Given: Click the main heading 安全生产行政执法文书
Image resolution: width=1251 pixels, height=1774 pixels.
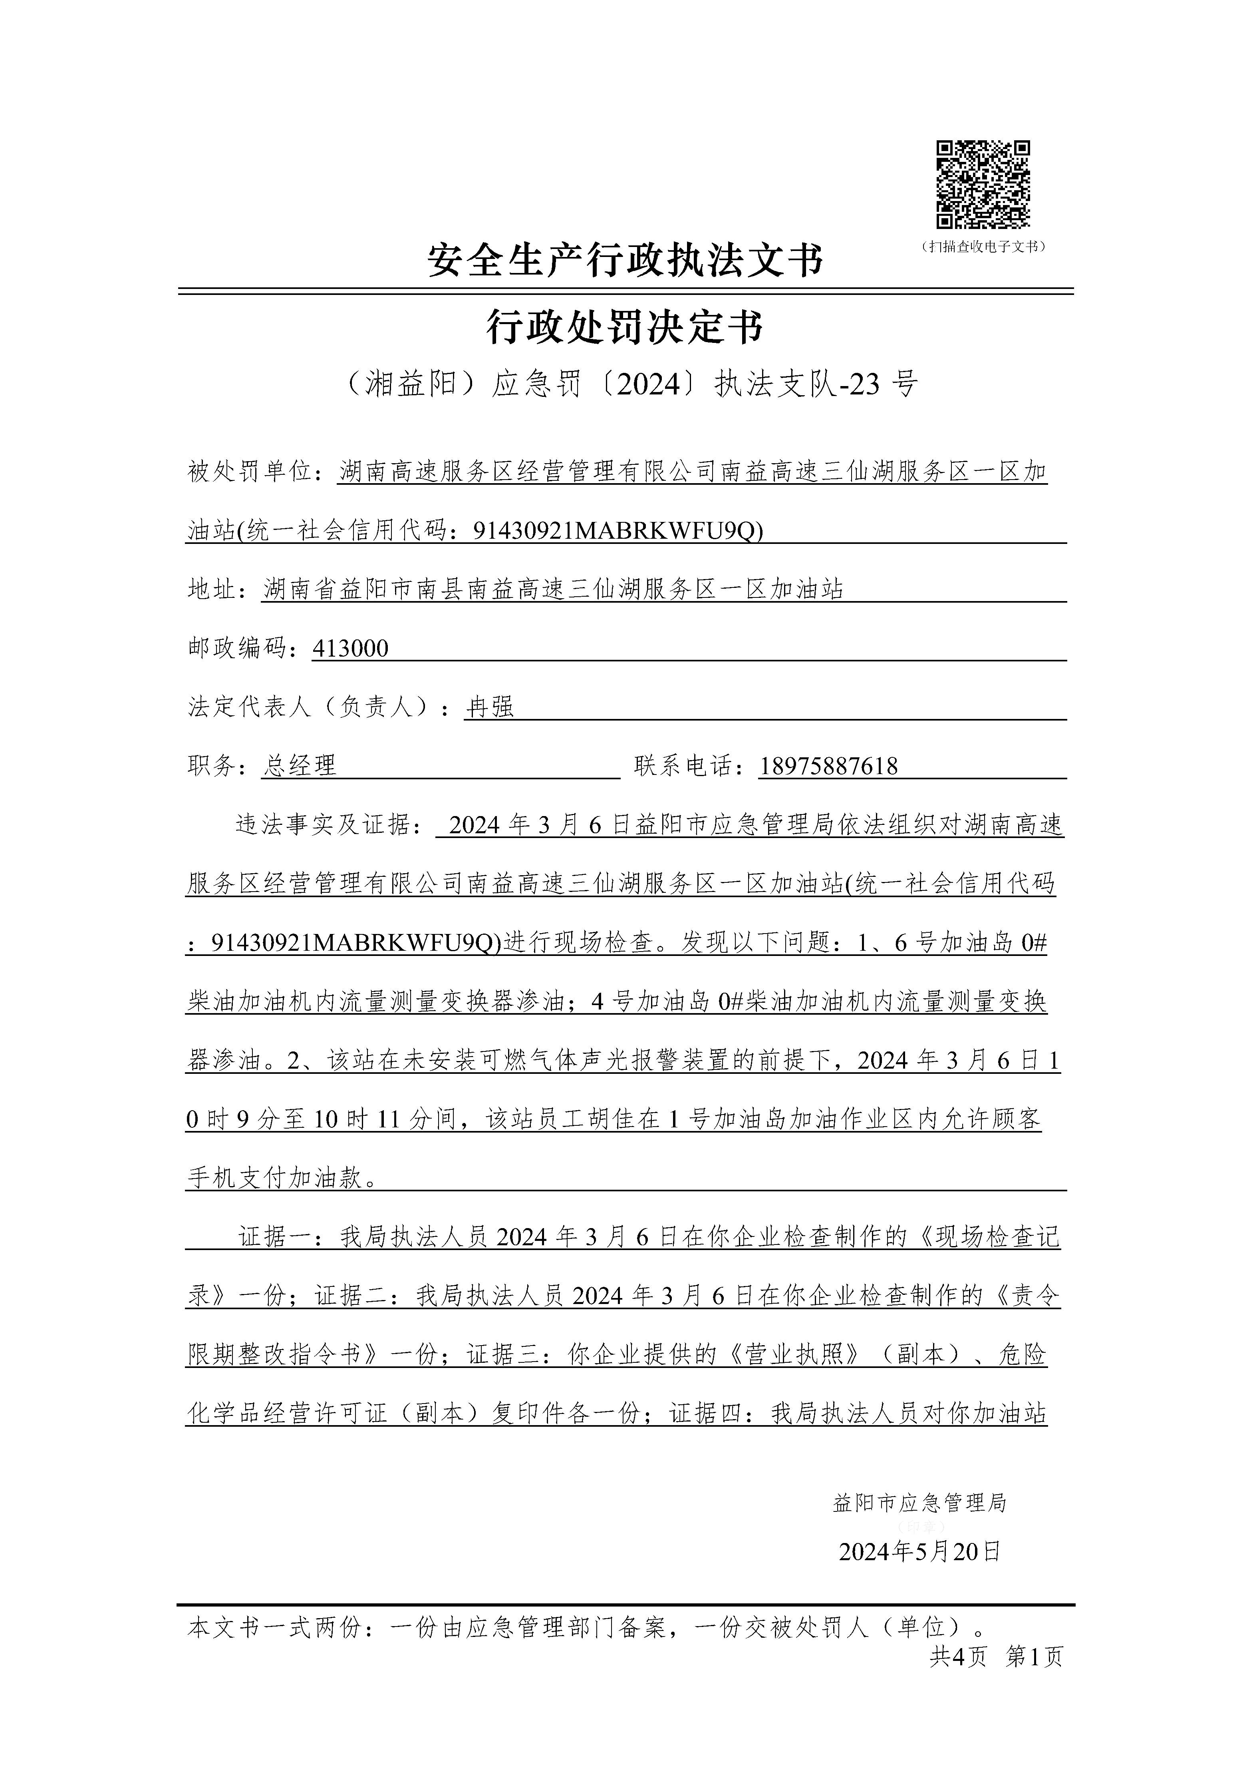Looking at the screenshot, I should pos(625,261).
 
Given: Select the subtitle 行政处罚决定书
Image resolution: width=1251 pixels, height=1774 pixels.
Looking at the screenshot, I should pos(625,327).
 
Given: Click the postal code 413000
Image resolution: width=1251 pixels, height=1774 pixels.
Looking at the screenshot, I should pos(350,648).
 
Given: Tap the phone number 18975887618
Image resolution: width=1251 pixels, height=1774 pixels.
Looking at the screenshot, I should pos(828,766).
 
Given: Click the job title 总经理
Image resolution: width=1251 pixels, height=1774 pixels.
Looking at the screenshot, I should pos(300,766).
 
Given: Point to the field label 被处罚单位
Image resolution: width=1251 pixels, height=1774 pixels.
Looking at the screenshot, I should pos(249,471).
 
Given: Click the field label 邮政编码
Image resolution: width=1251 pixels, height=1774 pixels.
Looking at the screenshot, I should pos(237,648).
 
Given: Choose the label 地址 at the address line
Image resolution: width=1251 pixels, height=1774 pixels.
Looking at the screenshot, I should pos(212,589).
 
